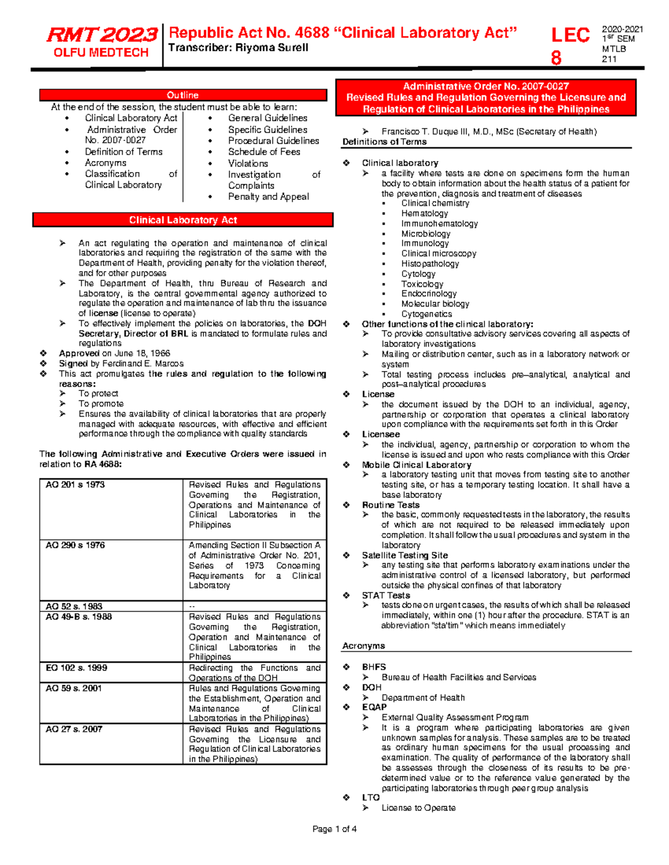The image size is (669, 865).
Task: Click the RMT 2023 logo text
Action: click(101, 35)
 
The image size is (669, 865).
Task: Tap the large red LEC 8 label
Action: click(570, 45)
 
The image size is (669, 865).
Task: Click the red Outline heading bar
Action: click(183, 95)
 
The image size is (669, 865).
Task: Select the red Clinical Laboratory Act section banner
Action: click(183, 220)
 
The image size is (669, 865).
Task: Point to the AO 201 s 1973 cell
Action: click(75, 485)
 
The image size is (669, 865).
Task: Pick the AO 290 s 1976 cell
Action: click(75, 545)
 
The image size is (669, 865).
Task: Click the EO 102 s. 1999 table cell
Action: click(76, 668)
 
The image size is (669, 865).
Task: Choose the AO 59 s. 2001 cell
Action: click(74, 688)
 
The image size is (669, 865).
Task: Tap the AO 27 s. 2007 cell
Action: click(74, 729)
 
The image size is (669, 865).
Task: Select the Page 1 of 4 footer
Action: click(334, 829)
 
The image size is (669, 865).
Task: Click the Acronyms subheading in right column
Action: click(363, 646)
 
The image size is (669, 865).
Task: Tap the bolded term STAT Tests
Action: click(386, 595)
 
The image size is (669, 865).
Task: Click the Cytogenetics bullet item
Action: click(426, 314)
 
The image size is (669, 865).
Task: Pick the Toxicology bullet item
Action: click(422, 284)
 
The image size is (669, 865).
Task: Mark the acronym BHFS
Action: click(374, 667)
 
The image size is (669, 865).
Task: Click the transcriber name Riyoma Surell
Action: click(272, 48)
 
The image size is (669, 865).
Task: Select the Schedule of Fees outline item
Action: click(264, 152)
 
